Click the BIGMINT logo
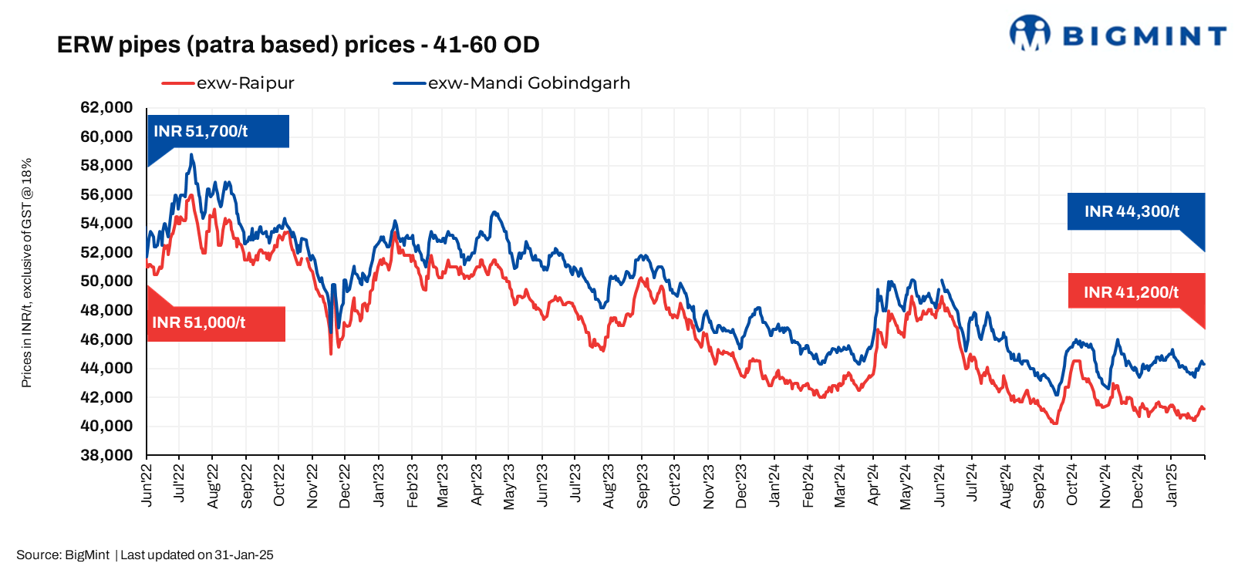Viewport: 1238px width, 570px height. tap(1117, 35)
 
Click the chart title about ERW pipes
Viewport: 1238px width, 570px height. tap(298, 45)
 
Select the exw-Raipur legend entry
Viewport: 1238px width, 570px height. tap(228, 83)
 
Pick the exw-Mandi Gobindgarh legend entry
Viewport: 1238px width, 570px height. tap(511, 83)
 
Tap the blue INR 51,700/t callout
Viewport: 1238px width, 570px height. tap(217, 131)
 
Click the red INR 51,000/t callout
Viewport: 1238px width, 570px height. tap(215, 323)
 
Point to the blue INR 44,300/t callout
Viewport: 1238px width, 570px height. tap(1135, 211)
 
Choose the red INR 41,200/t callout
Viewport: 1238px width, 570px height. tap(1135, 292)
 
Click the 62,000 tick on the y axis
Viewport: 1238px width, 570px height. tap(106, 107)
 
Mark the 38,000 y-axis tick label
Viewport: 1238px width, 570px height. tap(106, 455)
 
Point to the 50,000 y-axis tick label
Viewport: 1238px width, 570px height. tap(106, 281)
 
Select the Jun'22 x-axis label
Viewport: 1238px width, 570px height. tap(147, 484)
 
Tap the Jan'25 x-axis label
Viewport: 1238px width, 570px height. tap(1172, 484)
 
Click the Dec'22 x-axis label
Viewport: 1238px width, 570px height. tap(345, 484)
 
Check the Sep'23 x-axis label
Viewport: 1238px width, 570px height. tap(643, 484)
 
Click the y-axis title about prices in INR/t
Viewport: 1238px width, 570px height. tap(26, 273)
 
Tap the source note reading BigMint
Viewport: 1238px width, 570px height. tap(144, 555)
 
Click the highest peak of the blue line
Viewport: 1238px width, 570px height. tap(191, 154)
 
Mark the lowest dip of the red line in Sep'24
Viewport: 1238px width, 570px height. tap(1054, 423)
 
